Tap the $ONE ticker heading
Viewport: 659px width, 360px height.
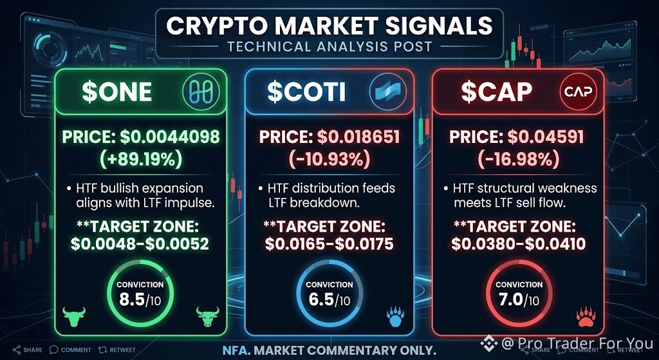point(117,92)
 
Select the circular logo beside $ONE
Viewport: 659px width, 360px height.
point(196,92)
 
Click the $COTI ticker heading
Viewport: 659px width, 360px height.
point(305,92)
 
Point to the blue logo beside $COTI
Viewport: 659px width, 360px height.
point(385,92)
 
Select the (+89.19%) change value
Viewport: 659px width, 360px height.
point(140,160)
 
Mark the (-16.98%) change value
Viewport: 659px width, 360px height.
point(518,160)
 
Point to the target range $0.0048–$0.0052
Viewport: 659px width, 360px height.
point(140,244)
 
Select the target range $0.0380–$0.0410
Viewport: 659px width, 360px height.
point(518,244)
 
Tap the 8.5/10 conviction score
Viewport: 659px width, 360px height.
point(140,300)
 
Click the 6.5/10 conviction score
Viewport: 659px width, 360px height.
point(329,300)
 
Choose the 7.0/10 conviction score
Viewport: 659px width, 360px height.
point(519,300)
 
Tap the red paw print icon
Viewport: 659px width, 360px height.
point(584,316)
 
